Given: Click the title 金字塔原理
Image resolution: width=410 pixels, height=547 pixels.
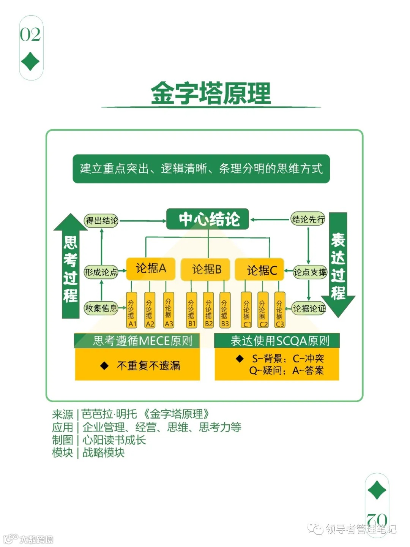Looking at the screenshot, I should (211, 93).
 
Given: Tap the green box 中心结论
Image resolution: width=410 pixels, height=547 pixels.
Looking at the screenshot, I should (208, 219).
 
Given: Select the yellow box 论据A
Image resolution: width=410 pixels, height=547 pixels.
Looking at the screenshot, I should (150, 269).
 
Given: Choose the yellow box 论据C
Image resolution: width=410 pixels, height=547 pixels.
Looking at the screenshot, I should (260, 270).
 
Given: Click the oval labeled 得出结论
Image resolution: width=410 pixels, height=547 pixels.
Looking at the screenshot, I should (101, 220).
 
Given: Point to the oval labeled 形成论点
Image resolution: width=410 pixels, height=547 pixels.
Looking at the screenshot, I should (101, 272).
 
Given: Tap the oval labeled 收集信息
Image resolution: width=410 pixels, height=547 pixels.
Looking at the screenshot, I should (101, 308).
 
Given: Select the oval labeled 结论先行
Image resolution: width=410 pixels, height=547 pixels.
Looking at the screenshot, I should (308, 219).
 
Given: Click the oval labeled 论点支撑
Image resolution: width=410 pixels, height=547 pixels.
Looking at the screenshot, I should (310, 272).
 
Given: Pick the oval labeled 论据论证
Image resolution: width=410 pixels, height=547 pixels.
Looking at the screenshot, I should (309, 308).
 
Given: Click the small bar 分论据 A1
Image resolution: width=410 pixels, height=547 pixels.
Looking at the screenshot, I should (132, 310).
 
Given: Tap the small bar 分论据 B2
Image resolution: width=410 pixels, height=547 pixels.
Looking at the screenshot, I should (208, 310).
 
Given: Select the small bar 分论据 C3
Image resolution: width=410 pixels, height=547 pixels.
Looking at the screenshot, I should (279, 310).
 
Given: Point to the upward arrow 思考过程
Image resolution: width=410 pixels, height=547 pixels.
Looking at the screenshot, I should (71, 266).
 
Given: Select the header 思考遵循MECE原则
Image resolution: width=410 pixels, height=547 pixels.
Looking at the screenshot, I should (137, 341).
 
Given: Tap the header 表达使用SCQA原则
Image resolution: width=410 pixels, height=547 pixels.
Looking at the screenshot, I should (277, 341).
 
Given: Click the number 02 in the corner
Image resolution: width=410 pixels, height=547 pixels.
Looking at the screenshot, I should (30, 35).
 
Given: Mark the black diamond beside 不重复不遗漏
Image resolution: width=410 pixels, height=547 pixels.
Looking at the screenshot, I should (104, 366).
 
